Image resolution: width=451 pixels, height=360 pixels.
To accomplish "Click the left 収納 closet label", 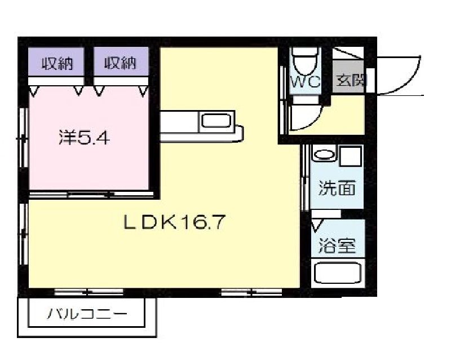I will pyautogui.click(x=58, y=63).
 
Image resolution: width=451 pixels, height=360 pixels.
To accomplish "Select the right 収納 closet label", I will pyautogui.click(x=121, y=63).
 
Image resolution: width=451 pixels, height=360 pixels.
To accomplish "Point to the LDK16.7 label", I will pyautogui.click(x=175, y=222).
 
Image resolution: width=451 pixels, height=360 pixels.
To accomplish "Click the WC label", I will pyautogui.click(x=305, y=81).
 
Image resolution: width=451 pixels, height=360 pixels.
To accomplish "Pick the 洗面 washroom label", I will pyautogui.click(x=337, y=188).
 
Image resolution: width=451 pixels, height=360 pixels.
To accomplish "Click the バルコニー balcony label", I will pyautogui.click(x=87, y=313).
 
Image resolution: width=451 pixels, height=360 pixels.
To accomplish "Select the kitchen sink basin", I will pyautogui.click(x=216, y=121).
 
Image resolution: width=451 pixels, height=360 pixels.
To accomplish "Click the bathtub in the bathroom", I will pyautogui.click(x=337, y=274).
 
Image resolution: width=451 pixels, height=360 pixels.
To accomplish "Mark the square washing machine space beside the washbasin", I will pyautogui.click(x=350, y=156).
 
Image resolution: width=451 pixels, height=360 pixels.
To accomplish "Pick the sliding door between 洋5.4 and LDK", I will pyautogui.click(x=90, y=194).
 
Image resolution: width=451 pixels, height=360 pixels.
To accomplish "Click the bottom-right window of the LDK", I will pyautogui.click(x=251, y=292).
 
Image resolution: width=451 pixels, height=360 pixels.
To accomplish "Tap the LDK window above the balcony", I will pyautogui.click(x=81, y=292).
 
